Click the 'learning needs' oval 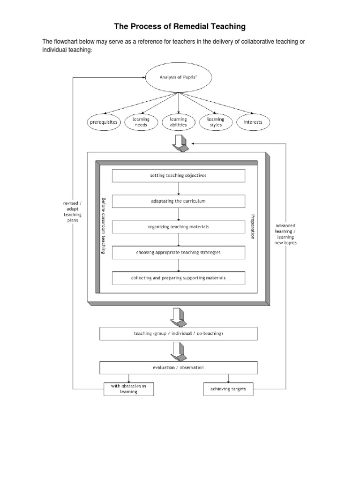click(x=141, y=122)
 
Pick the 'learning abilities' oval click(x=178, y=122)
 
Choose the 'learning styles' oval click(x=216, y=122)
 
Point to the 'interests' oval click(x=254, y=122)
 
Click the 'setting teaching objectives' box click(x=178, y=176)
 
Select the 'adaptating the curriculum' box click(x=178, y=201)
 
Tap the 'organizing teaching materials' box click(x=178, y=227)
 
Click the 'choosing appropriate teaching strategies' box click(x=178, y=252)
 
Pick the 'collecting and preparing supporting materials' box click(x=178, y=278)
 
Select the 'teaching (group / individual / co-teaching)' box click(x=178, y=334)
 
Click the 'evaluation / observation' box click(x=178, y=367)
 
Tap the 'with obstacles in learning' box click(x=128, y=389)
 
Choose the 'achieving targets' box click(x=228, y=389)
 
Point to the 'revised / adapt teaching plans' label click(x=73, y=211)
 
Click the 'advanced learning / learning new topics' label click(x=285, y=234)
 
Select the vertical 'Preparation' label click(x=252, y=227)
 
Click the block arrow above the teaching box click(x=179, y=316)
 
